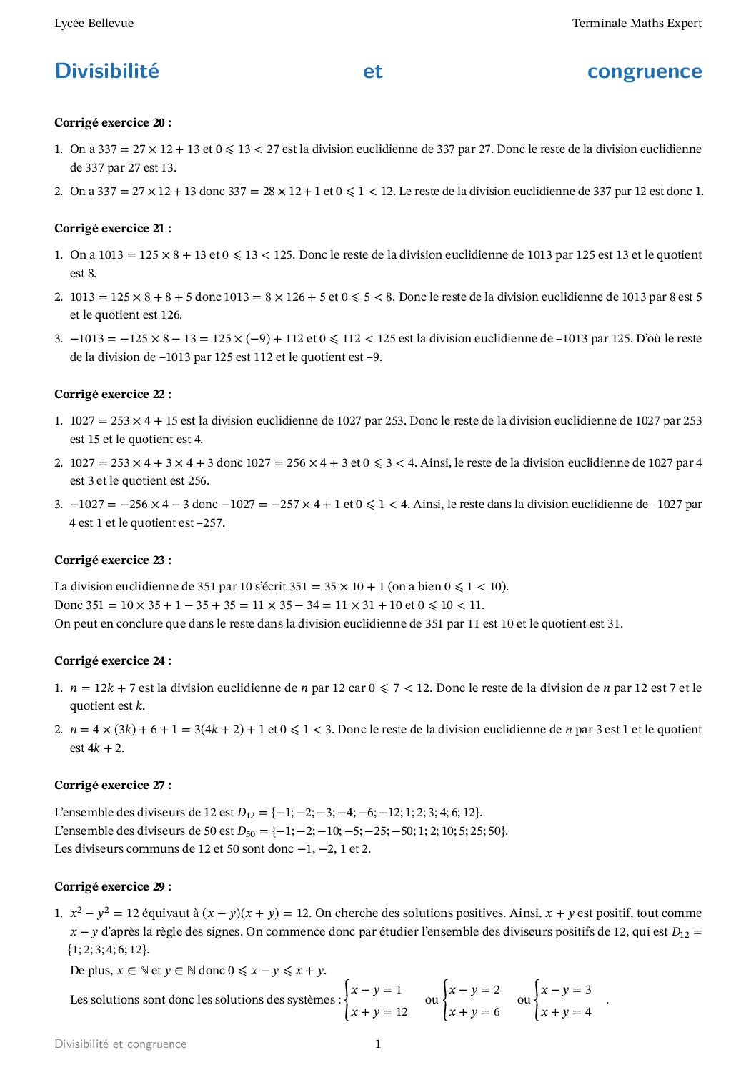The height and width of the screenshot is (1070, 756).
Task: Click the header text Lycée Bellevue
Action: [94, 24]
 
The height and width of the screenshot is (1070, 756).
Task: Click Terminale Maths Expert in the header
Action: [637, 24]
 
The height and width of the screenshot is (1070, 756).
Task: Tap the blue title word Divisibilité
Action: [107, 71]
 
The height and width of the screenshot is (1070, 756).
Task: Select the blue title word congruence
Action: [644, 71]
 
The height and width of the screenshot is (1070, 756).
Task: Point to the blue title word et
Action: [372, 71]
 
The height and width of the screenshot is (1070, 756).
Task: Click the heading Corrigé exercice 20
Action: [113, 123]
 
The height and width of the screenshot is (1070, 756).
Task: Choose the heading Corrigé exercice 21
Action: [113, 229]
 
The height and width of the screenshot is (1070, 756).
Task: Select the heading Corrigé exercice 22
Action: [113, 395]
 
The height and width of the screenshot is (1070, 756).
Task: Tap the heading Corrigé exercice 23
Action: [113, 560]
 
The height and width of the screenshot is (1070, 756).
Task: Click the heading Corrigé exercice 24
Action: [113, 661]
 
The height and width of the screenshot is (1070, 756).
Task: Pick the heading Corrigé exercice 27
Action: [113, 786]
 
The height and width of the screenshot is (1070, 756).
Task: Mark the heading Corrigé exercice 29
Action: [113, 887]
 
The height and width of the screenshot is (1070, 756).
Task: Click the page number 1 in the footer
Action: [378, 1044]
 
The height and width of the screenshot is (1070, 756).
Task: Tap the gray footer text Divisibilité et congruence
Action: [120, 1044]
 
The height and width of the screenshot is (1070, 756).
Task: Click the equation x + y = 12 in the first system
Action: [379, 1012]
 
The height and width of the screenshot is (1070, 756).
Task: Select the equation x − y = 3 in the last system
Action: [566, 990]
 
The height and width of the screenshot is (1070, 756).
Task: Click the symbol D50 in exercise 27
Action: [245, 831]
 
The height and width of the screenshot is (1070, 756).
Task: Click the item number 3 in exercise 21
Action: [59, 339]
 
